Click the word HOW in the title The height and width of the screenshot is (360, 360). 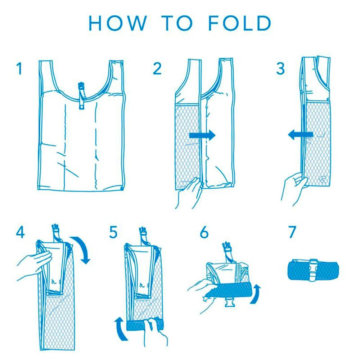(x=118, y=23)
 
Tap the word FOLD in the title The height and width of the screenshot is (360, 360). (x=240, y=23)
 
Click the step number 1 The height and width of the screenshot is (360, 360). (x=20, y=68)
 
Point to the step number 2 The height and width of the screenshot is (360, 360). (x=157, y=68)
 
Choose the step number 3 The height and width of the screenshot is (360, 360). (x=280, y=68)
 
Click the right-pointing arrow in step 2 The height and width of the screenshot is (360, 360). (x=202, y=135)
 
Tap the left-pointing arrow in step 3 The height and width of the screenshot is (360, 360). (x=301, y=135)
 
